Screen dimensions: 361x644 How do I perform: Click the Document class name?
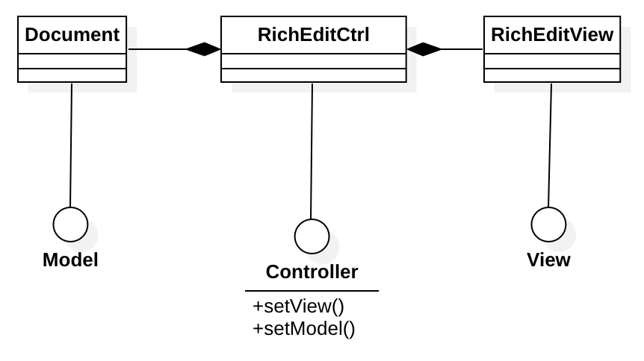tap(72, 35)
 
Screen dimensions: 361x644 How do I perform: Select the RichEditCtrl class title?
tap(313, 35)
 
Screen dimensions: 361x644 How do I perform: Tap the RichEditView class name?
tap(551, 35)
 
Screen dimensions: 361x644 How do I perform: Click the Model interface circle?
tap(71, 224)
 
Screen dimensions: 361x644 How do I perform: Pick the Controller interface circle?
tap(312, 236)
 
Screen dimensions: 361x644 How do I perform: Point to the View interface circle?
tap(548, 224)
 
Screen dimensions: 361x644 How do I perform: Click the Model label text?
tap(71, 260)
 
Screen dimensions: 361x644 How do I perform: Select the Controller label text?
tap(312, 272)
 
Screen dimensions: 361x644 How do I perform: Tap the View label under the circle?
tap(548, 260)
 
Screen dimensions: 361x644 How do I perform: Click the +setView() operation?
tap(298, 307)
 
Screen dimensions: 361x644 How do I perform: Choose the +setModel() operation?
tap(303, 327)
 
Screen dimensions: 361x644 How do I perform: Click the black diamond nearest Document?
tap(203, 49)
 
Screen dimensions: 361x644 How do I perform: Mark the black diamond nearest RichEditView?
tap(424, 49)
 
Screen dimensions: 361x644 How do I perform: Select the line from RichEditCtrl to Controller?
tap(312, 149)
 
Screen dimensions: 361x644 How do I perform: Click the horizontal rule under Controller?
tap(312, 291)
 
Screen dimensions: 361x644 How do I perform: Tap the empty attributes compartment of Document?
tap(72, 60)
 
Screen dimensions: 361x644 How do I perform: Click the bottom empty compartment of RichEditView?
tap(551, 75)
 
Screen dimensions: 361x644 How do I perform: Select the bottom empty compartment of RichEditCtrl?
tap(313, 75)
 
